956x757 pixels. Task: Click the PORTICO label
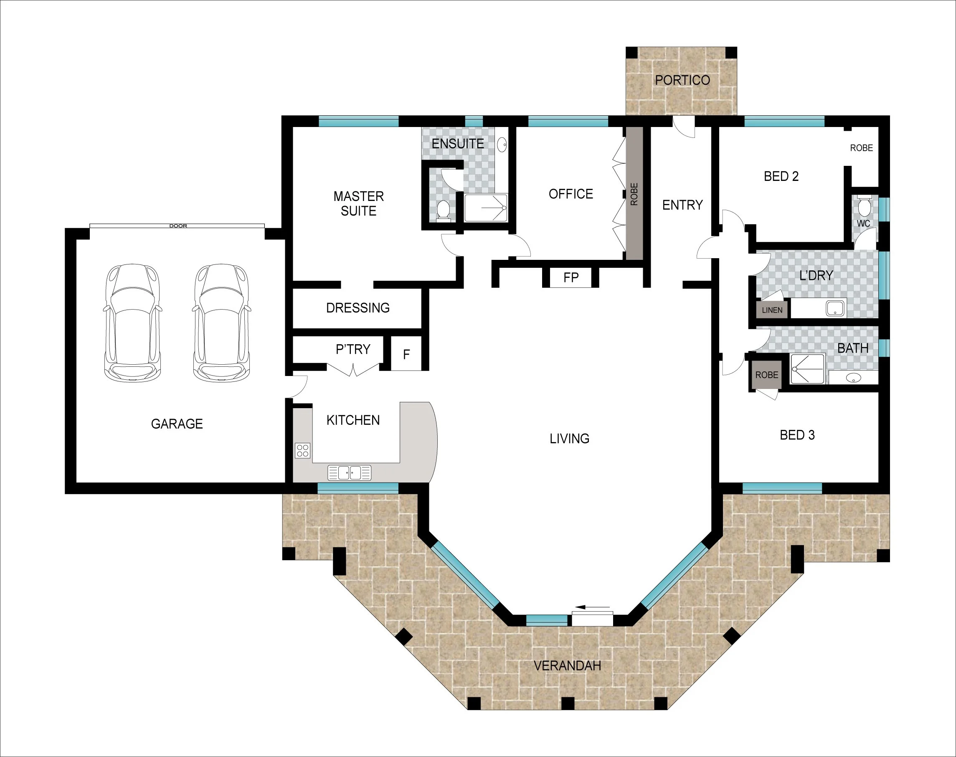682,80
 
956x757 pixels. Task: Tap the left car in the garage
132,323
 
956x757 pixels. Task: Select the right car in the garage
221,323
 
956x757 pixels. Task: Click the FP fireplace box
571,277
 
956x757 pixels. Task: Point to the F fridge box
406,354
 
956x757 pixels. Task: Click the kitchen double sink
349,472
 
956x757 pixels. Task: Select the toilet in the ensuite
443,211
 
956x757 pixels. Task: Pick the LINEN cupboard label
772,310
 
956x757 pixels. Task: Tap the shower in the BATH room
808,369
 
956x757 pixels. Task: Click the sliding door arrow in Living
593,607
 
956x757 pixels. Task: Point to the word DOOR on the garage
178,226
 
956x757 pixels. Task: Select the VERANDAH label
567,666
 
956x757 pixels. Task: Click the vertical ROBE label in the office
634,194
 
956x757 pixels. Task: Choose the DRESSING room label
358,307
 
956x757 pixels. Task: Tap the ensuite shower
486,208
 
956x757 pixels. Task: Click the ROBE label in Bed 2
861,148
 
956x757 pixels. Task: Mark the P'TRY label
352,349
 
